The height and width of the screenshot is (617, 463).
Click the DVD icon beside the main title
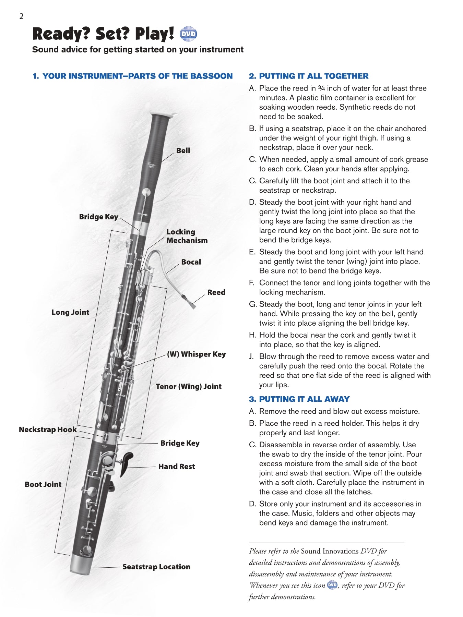[188, 34]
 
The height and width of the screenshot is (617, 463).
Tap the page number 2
[21, 16]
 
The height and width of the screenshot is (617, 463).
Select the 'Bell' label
[183, 150]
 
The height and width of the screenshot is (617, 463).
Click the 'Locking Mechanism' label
[187, 236]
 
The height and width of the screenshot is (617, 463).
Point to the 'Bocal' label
[191, 262]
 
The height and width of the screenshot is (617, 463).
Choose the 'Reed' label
[216, 292]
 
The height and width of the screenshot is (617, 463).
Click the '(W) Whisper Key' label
[196, 354]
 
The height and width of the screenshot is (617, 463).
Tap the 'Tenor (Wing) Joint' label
[189, 387]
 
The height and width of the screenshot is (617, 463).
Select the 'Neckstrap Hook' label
[48, 430]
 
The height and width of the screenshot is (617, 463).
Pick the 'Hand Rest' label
[176, 467]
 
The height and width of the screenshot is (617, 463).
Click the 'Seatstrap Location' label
[156, 567]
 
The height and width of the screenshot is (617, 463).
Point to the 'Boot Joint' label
[43, 484]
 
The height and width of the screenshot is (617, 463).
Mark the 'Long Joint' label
[70, 312]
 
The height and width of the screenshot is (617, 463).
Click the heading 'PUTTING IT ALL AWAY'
[304, 399]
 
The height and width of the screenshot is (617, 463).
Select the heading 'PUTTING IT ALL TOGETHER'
[313, 76]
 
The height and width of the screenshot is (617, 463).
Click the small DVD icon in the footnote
[332, 585]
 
